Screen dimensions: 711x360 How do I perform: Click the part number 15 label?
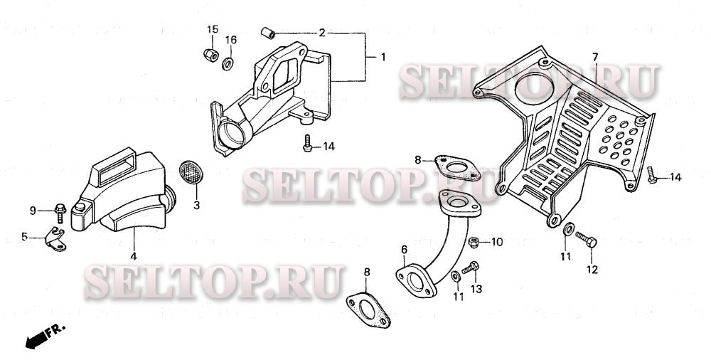click(x=212, y=29)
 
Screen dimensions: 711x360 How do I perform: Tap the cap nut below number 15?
click(x=211, y=55)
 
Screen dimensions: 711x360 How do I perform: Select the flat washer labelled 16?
click(x=228, y=64)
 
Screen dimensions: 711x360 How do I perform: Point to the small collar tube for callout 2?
click(x=268, y=33)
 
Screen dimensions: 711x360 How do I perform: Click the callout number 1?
click(x=383, y=57)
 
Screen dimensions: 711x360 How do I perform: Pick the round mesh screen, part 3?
click(x=191, y=172)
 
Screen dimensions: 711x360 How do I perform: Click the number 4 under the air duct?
click(x=134, y=257)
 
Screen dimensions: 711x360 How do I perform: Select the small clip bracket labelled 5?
click(x=55, y=239)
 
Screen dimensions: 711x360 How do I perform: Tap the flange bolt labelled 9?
click(x=60, y=213)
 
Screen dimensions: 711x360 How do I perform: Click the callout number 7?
click(x=595, y=57)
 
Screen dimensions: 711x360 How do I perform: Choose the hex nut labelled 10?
click(x=474, y=242)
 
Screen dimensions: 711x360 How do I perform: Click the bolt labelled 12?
click(x=586, y=239)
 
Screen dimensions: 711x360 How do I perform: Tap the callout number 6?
click(x=404, y=249)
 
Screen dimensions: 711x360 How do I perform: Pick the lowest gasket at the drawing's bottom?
click(x=368, y=310)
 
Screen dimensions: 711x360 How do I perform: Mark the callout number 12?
click(x=592, y=270)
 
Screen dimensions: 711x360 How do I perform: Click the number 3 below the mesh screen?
click(x=196, y=205)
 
